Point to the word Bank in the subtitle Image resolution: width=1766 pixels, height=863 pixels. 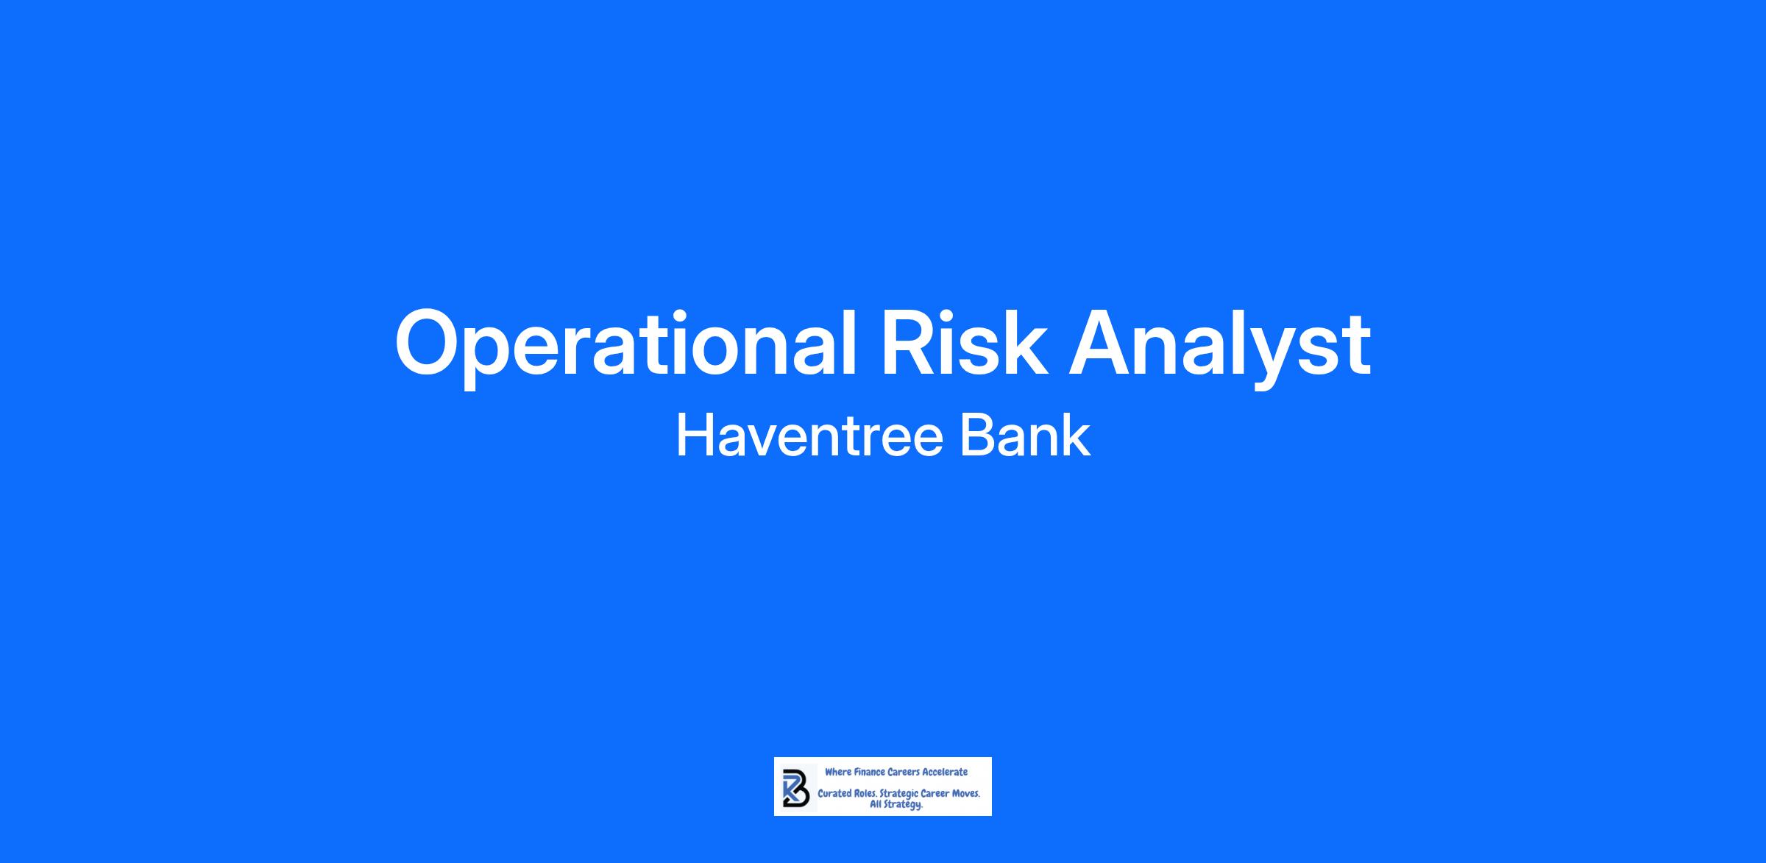pos(1025,436)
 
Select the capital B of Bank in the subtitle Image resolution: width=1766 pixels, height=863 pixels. pos(976,436)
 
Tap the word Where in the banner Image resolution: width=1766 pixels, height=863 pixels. pos(838,772)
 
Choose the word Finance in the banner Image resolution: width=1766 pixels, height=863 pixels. pos(870,772)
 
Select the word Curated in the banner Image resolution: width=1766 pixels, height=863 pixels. pos(834,794)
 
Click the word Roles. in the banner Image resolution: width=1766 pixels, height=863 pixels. pos(865,794)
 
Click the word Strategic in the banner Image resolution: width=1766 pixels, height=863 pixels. pos(898,795)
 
